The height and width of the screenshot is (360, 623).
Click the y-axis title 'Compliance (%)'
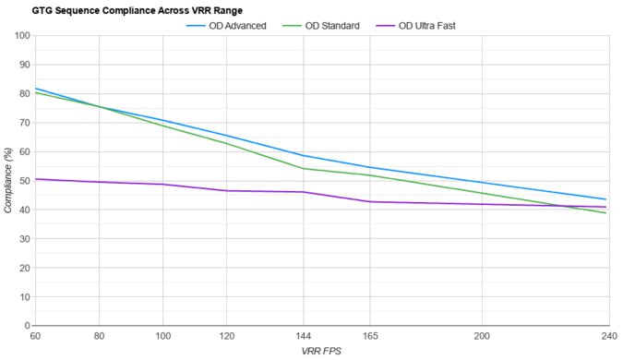coord(8,181)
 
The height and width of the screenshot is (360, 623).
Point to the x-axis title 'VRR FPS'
coord(320,352)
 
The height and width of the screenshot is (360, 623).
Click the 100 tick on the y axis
coord(20,36)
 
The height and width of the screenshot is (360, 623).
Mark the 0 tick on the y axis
coord(26,326)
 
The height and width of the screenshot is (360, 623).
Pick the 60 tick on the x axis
coord(35,336)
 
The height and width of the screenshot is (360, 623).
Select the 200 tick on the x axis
coord(481,336)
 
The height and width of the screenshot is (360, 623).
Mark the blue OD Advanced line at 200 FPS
coord(481,183)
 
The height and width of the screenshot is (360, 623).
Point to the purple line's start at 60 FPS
coord(35,179)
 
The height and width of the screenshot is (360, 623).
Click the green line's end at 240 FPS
coord(605,213)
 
